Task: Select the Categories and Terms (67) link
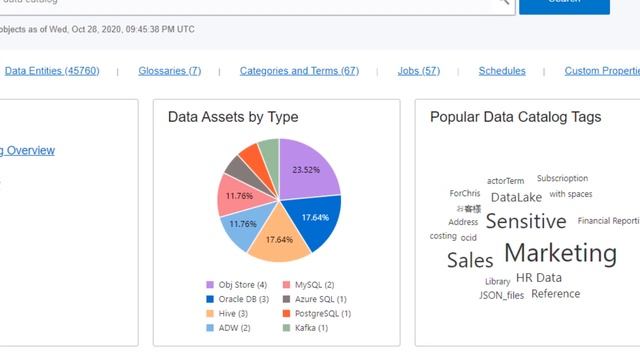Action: [299, 71]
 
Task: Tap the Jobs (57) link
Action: [418, 71]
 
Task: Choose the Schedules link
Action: [502, 71]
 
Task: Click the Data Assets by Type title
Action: [233, 117]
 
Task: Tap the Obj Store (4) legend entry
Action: [236, 285]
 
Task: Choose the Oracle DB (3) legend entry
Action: [238, 299]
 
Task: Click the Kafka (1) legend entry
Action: [315, 327]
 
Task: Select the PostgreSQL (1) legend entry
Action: [322, 313]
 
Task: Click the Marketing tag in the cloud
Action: [560, 253]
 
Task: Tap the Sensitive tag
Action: [526, 221]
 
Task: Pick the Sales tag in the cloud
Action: [470, 260]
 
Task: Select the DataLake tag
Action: [516, 197]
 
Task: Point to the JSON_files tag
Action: [501, 296]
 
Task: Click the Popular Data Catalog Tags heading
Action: [515, 117]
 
